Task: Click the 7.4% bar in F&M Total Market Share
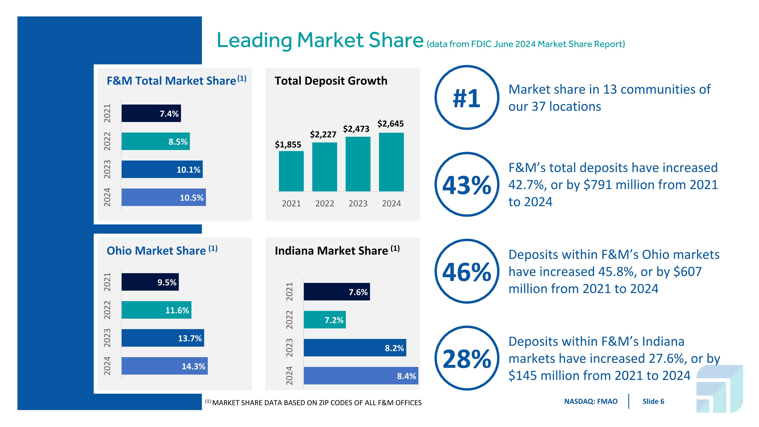tap(151, 113)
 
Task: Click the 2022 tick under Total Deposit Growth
tap(324, 203)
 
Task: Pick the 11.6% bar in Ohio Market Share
tap(156, 310)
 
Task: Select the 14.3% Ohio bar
tap(164, 366)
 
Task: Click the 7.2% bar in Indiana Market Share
tap(325, 320)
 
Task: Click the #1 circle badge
tap(467, 97)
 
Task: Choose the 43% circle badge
tap(467, 185)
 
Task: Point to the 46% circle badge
tap(467, 271)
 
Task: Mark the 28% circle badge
tap(467, 358)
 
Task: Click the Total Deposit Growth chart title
tap(331, 81)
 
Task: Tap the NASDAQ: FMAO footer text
tap(591, 401)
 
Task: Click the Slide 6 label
tap(653, 401)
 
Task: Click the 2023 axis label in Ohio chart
tap(107, 338)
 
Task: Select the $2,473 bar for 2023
tap(358, 164)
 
